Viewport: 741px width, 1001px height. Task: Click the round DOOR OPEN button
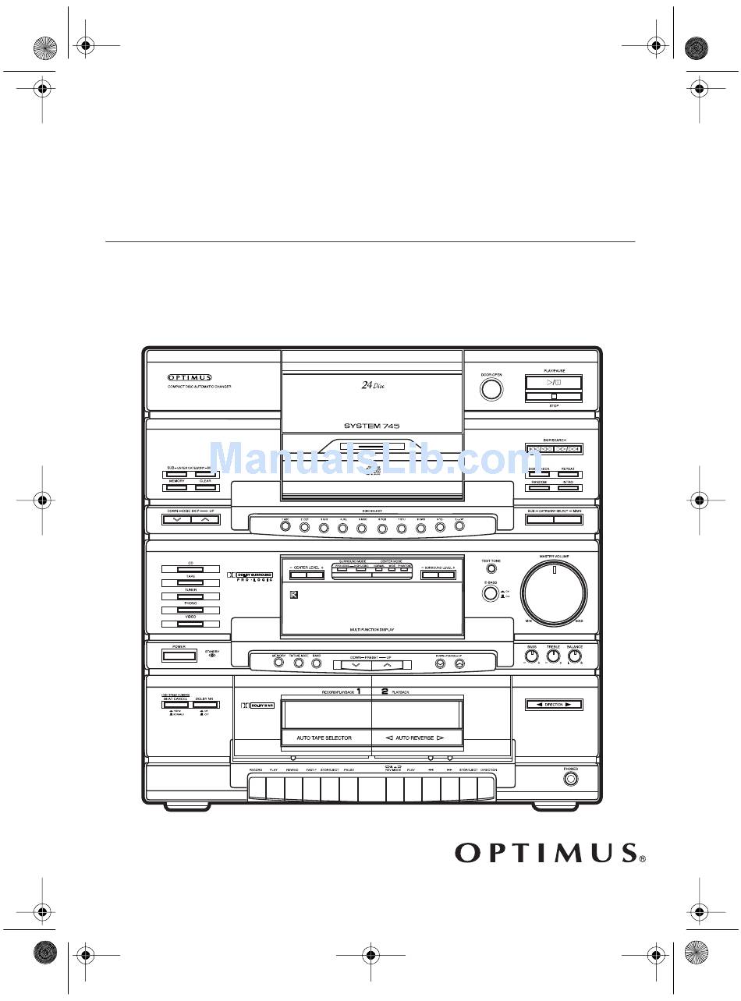coord(491,389)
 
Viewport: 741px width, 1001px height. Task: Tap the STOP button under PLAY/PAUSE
coord(553,397)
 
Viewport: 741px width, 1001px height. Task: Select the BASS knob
coord(531,656)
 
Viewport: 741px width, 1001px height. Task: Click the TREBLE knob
coord(553,656)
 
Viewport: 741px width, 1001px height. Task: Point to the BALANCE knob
coord(576,656)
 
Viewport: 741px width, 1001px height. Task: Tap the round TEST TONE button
coord(491,568)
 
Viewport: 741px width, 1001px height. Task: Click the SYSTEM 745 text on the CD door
coord(372,426)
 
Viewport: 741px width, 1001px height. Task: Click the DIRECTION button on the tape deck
coord(553,705)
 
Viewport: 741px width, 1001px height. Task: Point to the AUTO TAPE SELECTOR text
coord(324,737)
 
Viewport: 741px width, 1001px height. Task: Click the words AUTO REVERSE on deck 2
coord(414,737)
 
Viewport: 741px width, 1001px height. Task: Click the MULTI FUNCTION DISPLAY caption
coord(371,628)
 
